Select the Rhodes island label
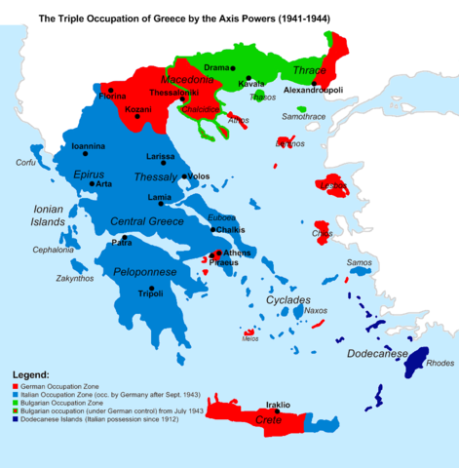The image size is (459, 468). (439, 364)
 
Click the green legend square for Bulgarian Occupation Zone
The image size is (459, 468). (17, 402)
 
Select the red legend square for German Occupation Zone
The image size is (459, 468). (17, 387)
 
